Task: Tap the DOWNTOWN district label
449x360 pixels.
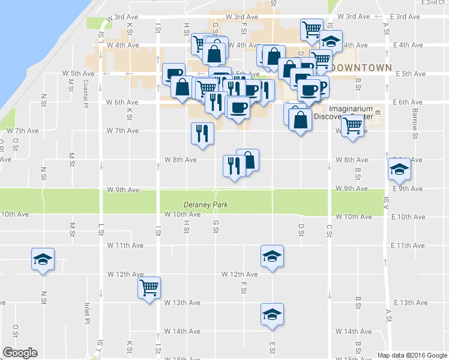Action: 362,68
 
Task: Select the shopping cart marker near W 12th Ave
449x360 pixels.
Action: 148,287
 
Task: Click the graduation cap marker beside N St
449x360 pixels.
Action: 43,259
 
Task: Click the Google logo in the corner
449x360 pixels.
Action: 20,353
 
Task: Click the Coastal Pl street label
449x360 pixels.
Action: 86,94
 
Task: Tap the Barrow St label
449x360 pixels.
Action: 415,111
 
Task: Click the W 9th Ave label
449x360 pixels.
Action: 122,190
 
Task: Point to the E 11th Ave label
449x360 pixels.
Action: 408,245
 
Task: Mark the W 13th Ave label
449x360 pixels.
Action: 182,302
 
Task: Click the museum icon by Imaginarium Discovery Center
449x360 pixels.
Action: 378,113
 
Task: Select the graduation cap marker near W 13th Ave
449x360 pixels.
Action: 272,314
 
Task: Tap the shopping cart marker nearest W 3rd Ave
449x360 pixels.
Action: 312,29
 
